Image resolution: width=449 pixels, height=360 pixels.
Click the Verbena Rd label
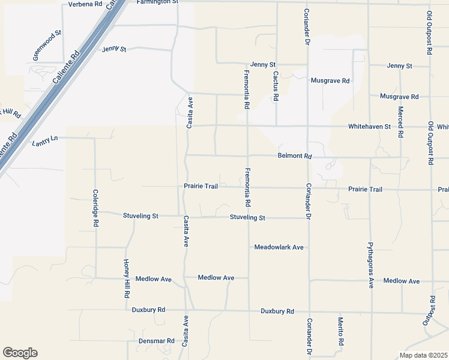click(x=85, y=4)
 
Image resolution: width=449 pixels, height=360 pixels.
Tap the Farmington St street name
click(x=157, y=2)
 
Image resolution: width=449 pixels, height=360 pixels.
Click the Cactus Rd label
click(x=276, y=86)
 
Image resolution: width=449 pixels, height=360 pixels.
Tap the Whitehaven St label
click(x=370, y=127)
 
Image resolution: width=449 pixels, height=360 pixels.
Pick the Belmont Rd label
click(x=295, y=156)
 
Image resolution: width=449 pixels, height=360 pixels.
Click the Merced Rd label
click(x=400, y=122)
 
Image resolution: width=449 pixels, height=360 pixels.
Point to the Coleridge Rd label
click(x=95, y=208)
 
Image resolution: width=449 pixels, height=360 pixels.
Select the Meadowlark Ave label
click(x=279, y=247)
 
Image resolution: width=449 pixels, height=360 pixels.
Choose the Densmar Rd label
click(x=156, y=341)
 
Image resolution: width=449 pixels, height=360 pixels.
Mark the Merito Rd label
click(x=340, y=332)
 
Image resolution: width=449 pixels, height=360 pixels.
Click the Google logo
click(x=20, y=353)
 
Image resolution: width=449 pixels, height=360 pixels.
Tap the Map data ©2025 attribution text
click(x=423, y=355)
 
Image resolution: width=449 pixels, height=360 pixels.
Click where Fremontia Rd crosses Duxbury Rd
click(x=249, y=311)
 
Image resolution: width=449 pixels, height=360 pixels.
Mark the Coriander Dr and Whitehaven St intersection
click(x=307, y=127)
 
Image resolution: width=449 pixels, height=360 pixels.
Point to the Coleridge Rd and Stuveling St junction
click(x=95, y=213)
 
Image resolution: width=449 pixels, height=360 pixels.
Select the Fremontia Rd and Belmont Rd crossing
click(x=248, y=155)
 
